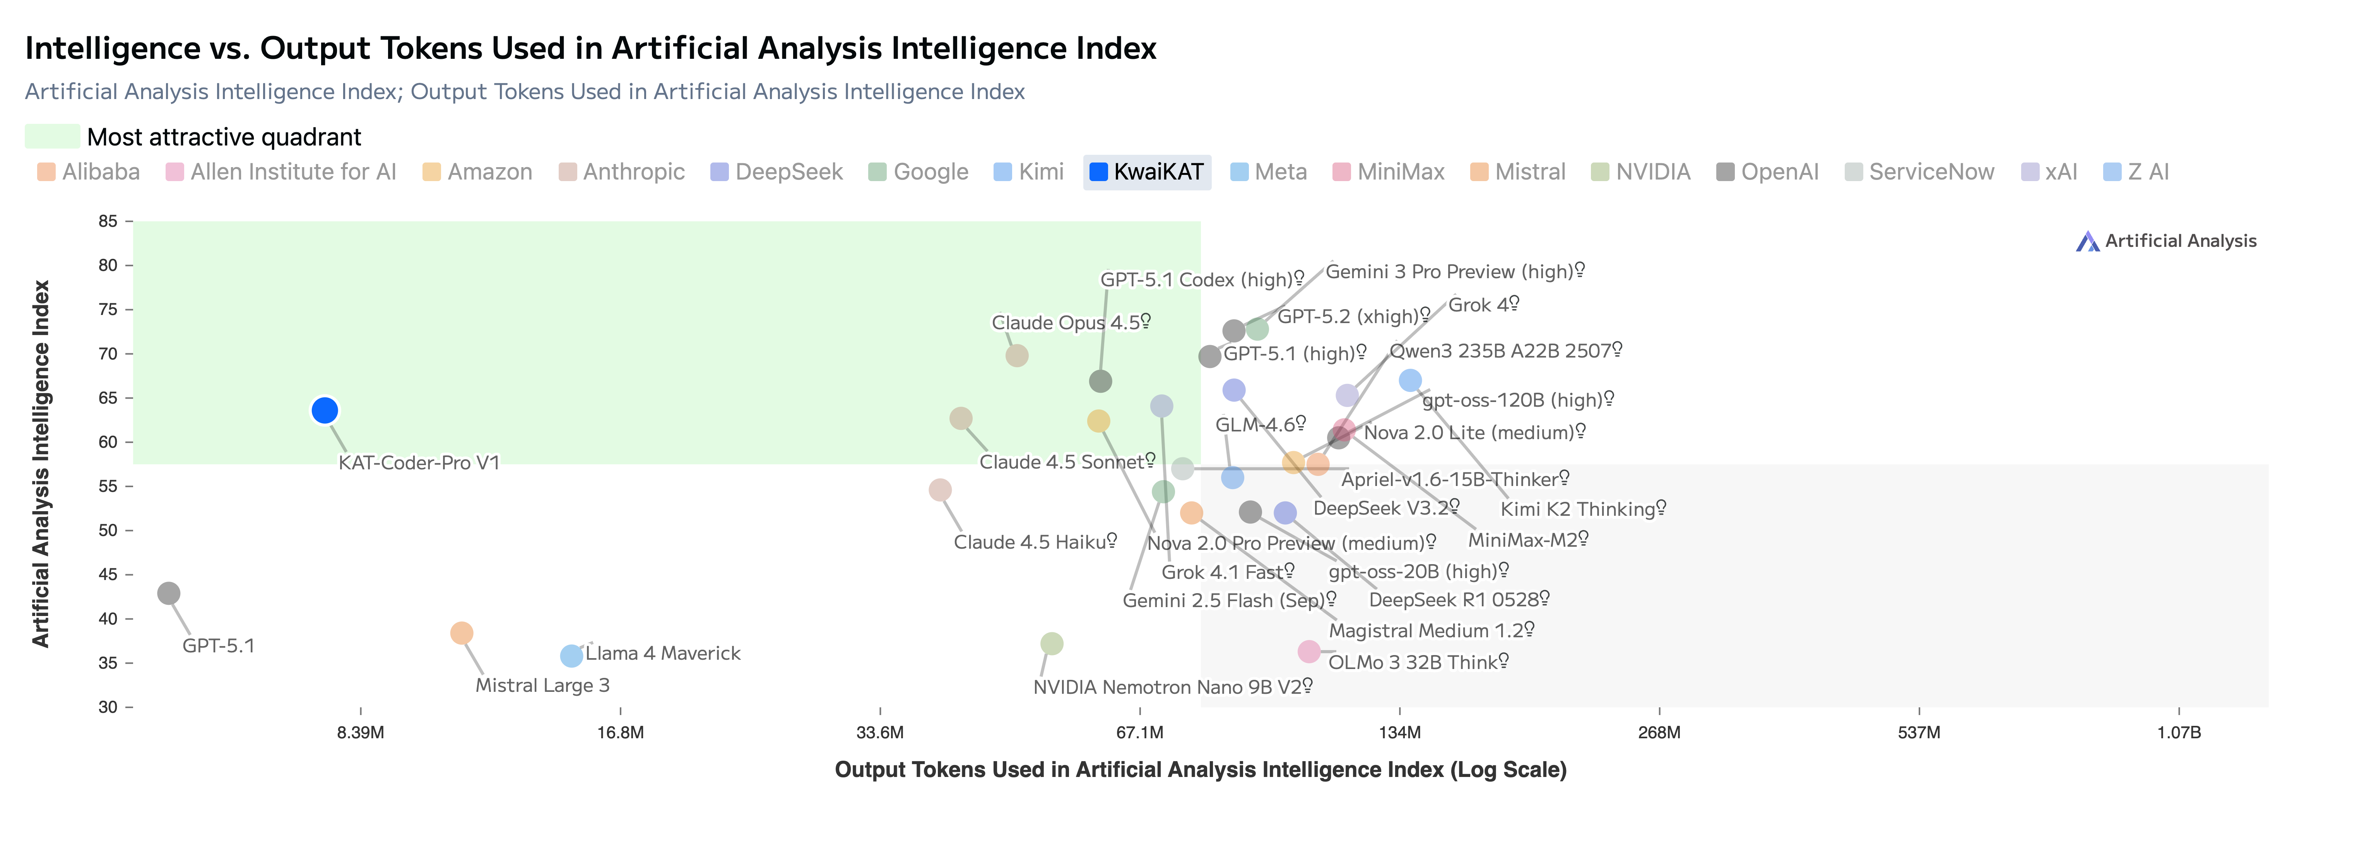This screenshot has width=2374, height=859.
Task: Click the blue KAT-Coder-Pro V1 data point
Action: tap(324, 410)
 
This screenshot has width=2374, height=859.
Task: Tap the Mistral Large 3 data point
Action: tap(462, 633)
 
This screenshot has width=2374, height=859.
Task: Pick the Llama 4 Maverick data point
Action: tap(571, 655)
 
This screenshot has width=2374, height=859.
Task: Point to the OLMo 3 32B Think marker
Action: tap(1308, 652)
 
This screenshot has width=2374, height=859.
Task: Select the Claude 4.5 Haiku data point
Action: tap(940, 490)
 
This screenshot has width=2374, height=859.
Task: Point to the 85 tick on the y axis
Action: tap(109, 221)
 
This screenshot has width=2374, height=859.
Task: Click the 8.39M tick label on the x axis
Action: tap(360, 733)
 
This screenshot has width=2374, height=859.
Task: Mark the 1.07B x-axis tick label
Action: tap(2179, 733)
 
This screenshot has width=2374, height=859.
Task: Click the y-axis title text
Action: tap(41, 464)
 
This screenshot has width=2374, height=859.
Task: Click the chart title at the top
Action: tap(590, 48)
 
